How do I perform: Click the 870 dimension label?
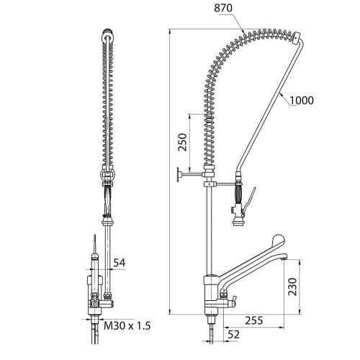click(x=223, y=8)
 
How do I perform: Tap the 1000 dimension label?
click(x=302, y=100)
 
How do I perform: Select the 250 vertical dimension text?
click(x=182, y=142)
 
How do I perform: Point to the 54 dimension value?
click(x=120, y=263)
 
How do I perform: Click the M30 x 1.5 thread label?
click(x=127, y=325)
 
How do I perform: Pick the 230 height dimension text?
click(x=292, y=287)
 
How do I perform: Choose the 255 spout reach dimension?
click(x=254, y=320)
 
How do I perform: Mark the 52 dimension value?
click(x=233, y=334)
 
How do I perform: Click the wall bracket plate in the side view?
click(x=179, y=174)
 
